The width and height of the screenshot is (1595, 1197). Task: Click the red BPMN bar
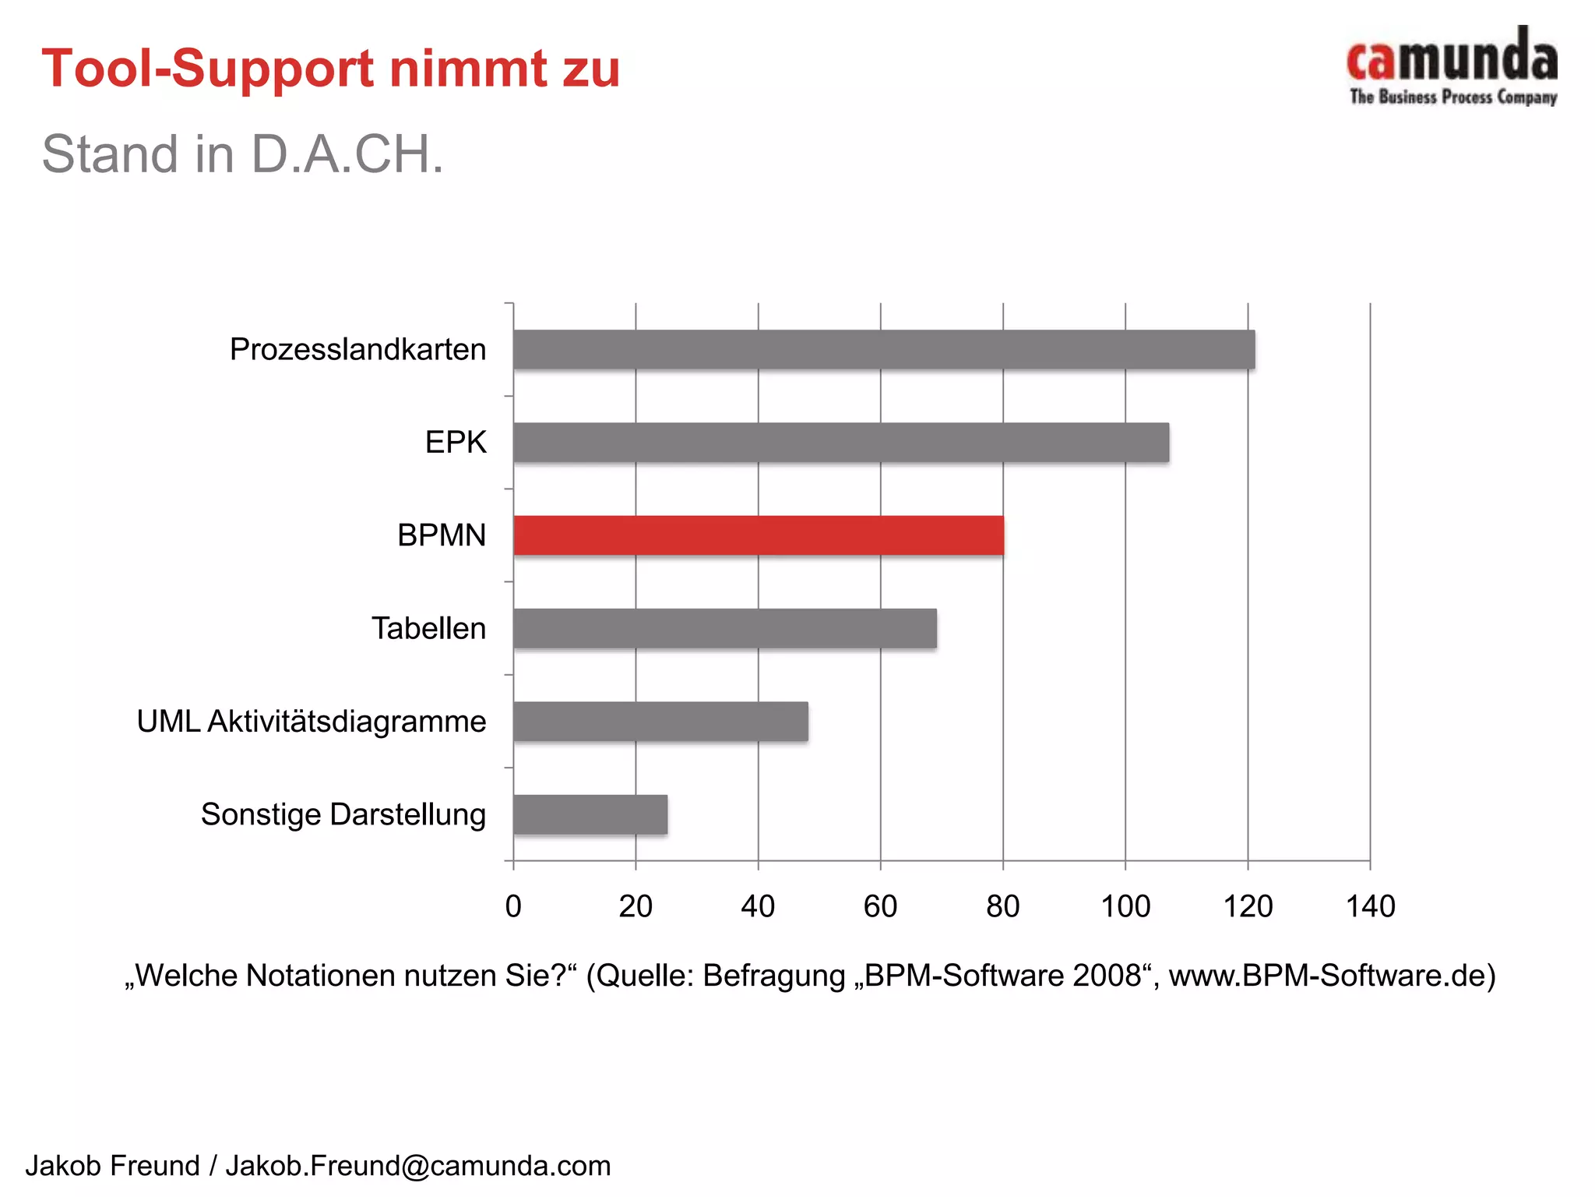pos(759,535)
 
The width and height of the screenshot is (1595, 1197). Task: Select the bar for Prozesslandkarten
pos(884,349)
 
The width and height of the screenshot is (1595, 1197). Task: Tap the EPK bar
pos(841,442)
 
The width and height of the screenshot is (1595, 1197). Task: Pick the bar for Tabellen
pos(724,628)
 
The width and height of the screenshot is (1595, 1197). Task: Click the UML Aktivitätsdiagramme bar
pos(660,721)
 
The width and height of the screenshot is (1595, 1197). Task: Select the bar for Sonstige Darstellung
pos(590,814)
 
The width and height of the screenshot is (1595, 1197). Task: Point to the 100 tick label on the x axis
pos(1125,906)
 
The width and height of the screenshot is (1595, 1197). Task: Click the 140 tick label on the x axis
pos(1370,906)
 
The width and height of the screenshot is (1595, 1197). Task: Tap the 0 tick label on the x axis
pos(513,906)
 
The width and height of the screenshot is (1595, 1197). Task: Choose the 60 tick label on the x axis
pos(880,906)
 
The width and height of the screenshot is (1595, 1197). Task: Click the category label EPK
pos(456,442)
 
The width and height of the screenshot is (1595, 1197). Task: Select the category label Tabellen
pos(428,628)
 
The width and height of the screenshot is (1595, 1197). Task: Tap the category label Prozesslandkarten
pos(357,349)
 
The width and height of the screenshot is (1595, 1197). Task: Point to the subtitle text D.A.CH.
pos(347,154)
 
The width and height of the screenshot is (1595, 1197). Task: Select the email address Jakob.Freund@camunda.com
pos(418,1166)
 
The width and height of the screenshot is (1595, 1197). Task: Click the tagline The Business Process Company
pos(1453,97)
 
